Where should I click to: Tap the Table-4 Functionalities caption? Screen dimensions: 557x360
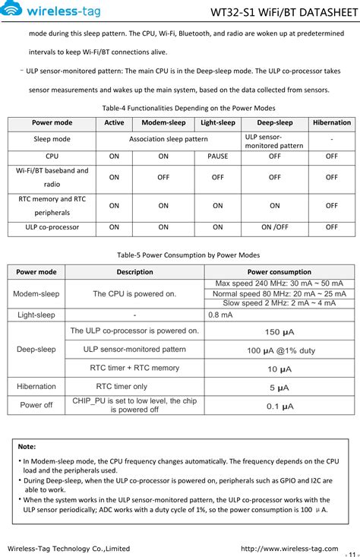click(178, 107)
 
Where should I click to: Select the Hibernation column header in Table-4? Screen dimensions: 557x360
click(332, 122)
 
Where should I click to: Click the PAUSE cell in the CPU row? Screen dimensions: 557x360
click(217, 156)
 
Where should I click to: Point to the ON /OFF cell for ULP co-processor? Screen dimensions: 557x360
click(274, 226)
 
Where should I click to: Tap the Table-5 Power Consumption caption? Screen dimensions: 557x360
click(178, 255)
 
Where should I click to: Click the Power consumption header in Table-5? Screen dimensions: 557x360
click(279, 271)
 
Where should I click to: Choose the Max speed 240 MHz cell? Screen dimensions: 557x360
click(279, 283)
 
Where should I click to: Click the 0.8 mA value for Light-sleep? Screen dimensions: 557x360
click(220, 315)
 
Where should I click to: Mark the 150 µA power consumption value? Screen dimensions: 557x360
click(279, 332)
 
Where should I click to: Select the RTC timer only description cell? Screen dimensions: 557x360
click(122, 387)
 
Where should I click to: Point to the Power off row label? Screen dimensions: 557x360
click(36, 405)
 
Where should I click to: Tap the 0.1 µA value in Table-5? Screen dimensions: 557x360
click(279, 407)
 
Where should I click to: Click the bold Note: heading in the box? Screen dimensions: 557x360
click(27, 447)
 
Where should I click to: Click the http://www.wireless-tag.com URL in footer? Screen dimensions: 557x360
click(289, 548)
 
